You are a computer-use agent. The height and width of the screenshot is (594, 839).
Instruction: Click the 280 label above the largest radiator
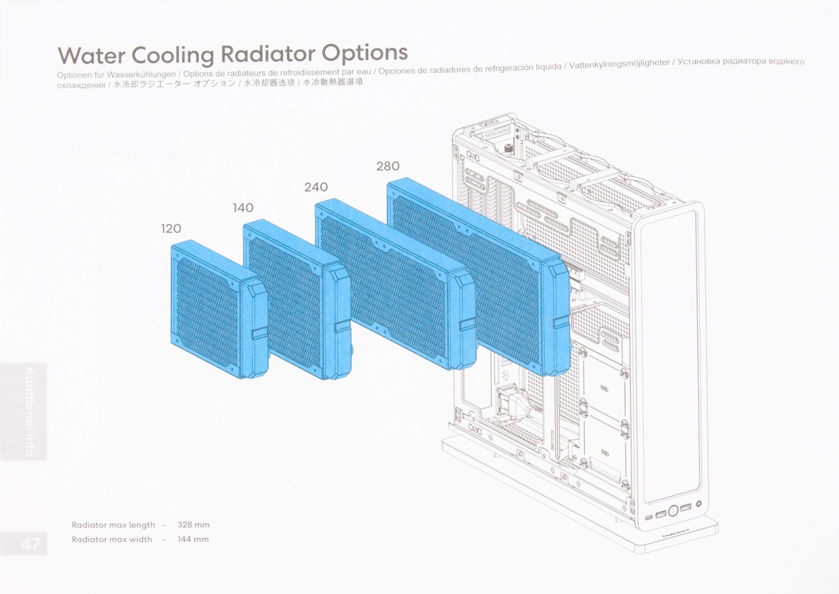(387, 166)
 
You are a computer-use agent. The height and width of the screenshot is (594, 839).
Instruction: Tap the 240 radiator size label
(316, 187)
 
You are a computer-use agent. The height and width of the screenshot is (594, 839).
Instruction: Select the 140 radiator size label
(243, 208)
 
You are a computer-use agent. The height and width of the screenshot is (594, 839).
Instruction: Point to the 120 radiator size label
(171, 228)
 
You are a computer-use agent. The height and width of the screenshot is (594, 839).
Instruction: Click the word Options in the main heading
(365, 53)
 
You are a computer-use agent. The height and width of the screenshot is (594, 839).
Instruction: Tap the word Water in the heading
(92, 55)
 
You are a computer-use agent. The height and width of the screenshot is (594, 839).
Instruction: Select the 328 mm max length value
(193, 525)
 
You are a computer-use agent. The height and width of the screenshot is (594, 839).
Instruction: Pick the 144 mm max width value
(193, 539)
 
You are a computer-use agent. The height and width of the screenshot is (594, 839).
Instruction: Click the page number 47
(30, 544)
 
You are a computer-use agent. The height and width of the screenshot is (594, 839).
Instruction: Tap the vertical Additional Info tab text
(30, 412)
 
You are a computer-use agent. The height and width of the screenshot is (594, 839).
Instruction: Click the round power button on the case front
(673, 509)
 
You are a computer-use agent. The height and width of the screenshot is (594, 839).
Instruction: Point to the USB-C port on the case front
(649, 517)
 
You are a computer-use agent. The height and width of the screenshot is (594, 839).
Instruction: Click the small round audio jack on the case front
(698, 504)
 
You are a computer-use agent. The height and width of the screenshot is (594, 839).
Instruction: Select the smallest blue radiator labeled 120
(219, 309)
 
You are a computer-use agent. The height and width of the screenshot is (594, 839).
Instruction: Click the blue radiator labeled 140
(297, 299)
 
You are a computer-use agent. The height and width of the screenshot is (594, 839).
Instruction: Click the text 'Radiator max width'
(112, 539)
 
